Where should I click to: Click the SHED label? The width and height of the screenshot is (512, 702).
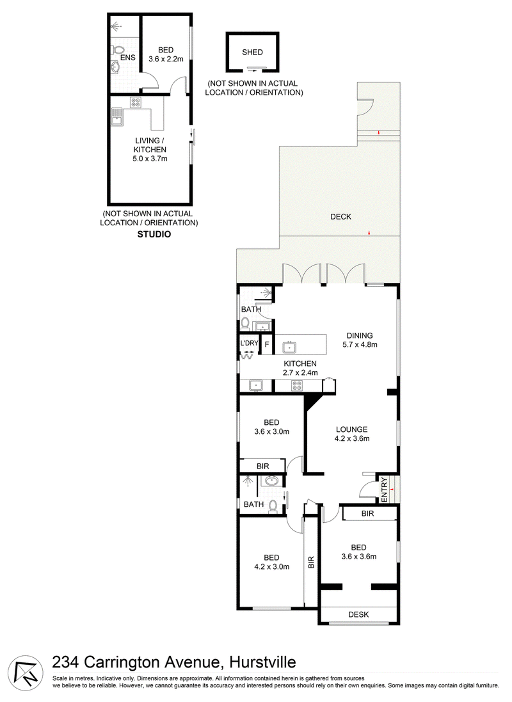(252, 52)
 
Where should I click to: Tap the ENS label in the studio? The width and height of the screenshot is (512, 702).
(127, 58)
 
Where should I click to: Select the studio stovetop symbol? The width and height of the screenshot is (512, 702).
(135, 102)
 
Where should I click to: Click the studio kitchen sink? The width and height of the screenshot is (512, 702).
(116, 117)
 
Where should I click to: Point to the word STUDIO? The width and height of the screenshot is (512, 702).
(154, 234)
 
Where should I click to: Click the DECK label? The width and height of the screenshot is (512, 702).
(340, 217)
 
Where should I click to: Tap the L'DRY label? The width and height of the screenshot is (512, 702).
(249, 344)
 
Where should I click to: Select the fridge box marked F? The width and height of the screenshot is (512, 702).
(266, 345)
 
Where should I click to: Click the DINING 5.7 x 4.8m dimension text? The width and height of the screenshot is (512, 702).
(360, 345)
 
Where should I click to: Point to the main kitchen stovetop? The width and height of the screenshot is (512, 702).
(296, 385)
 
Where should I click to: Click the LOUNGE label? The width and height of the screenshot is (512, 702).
(351, 429)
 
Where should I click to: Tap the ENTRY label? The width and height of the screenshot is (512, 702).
(384, 489)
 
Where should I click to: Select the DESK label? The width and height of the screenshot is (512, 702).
(358, 615)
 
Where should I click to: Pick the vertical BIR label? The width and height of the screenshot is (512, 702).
(311, 562)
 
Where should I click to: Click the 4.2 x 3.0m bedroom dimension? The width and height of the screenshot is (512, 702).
(271, 566)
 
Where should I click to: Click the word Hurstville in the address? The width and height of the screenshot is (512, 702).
(262, 662)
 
